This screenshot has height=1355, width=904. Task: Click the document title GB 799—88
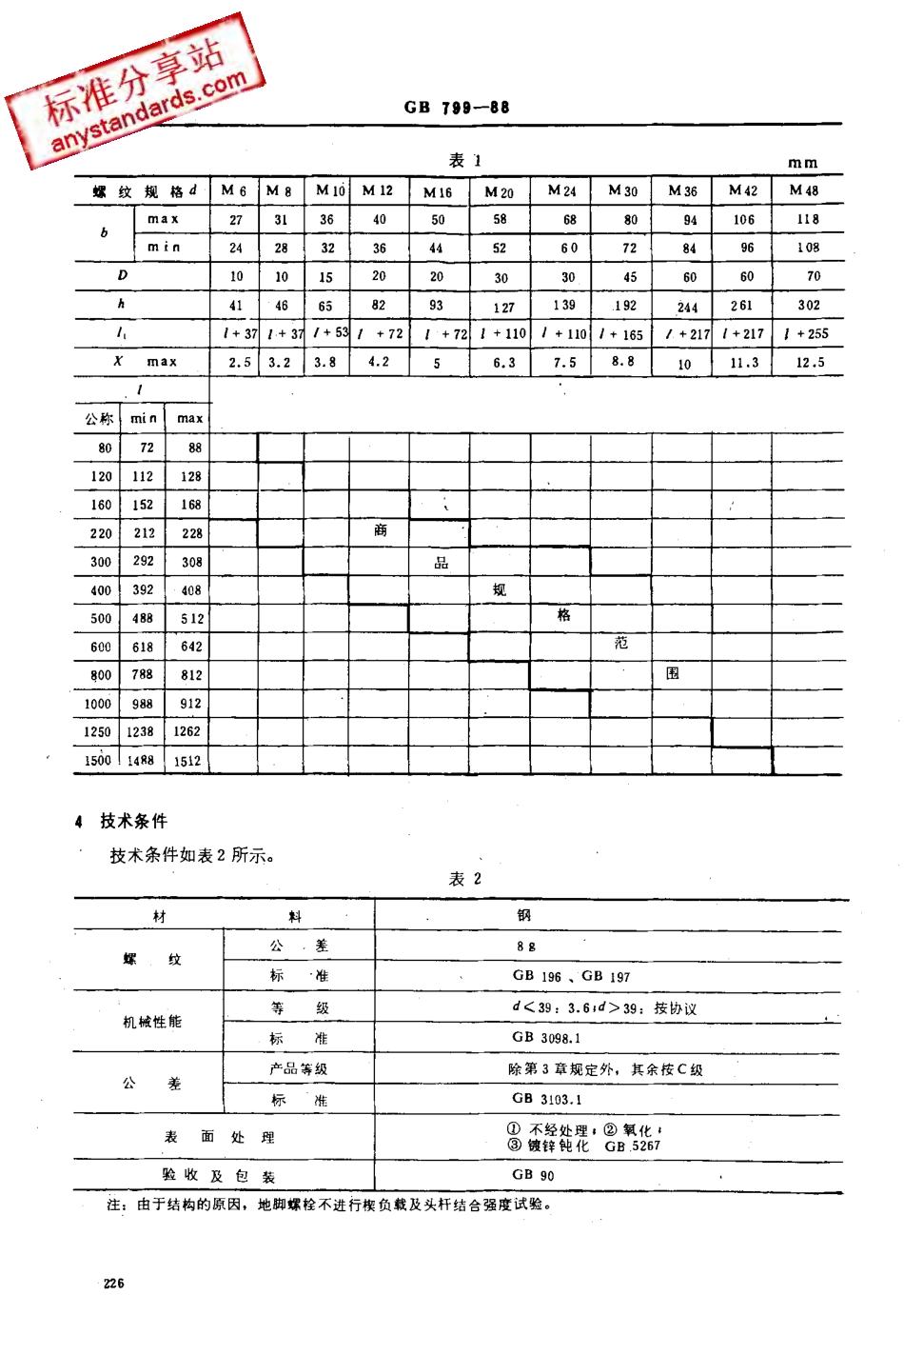tap(457, 108)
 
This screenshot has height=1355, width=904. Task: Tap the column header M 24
tap(561, 190)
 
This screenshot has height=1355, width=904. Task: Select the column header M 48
tap(803, 190)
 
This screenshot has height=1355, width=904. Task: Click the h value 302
tap(809, 306)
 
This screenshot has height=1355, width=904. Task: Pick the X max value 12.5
tap(810, 363)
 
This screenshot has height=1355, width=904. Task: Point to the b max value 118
tap(808, 219)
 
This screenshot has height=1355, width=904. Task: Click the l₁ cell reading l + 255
tap(806, 334)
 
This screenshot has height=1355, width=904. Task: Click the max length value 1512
tap(187, 761)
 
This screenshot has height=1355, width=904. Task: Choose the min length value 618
tap(143, 647)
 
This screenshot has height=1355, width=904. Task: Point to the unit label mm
tap(802, 163)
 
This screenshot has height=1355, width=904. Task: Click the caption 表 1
tap(465, 161)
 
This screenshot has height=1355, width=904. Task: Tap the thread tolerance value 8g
tap(526, 947)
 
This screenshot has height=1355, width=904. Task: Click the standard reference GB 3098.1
tap(546, 1038)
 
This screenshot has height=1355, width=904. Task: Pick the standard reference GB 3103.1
tap(547, 1099)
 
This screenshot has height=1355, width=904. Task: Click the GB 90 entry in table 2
tap(533, 1175)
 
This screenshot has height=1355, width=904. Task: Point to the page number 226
tap(114, 1284)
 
